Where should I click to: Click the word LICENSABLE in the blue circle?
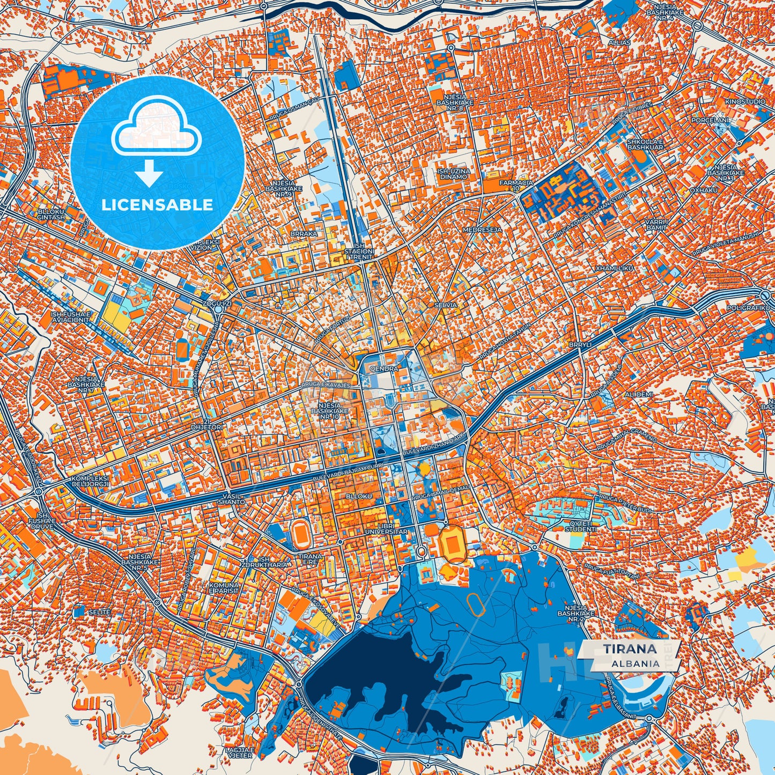[x=157, y=205]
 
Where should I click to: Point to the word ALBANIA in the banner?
[x=635, y=663]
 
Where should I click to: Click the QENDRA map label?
[x=383, y=369]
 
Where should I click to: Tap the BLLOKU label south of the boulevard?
[x=359, y=497]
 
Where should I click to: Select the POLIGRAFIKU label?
[x=748, y=308]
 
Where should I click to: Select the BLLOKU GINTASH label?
[x=51, y=215]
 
